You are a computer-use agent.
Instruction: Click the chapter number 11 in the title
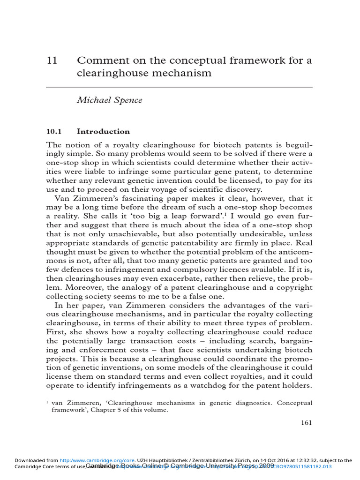pyautogui.click(x=52, y=60)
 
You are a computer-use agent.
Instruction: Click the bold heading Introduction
pyautogui.click(x=103, y=131)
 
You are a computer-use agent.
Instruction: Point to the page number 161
pyautogui.click(x=306, y=422)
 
